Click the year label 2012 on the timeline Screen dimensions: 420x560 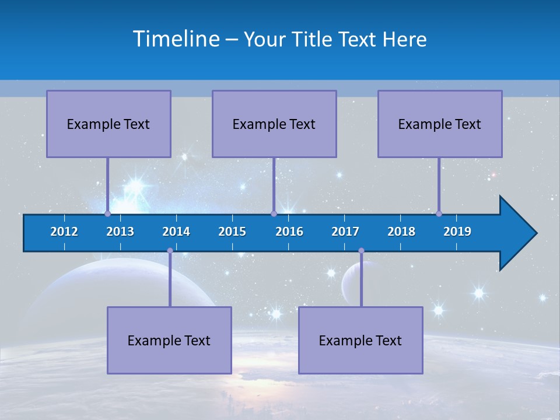click(64, 232)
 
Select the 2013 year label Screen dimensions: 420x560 click(120, 232)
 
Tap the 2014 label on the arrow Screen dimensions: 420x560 click(176, 232)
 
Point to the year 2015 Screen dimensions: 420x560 click(232, 232)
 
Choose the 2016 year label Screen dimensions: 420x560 click(289, 232)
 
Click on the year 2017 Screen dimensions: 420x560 click(345, 232)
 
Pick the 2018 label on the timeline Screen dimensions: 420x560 click(401, 232)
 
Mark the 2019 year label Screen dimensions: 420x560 click(457, 232)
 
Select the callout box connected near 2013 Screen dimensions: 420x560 click(108, 124)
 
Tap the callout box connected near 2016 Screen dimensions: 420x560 click(274, 124)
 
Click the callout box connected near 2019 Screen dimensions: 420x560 click(440, 124)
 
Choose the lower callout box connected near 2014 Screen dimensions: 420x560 click(169, 340)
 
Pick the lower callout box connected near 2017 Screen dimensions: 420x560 click(360, 340)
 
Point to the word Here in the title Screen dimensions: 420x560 click(404, 40)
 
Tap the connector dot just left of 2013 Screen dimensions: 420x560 click(107, 213)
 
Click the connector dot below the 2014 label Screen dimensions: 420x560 click(170, 250)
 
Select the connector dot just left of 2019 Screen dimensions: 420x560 click(439, 213)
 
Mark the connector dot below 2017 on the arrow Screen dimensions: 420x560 click(361, 250)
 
